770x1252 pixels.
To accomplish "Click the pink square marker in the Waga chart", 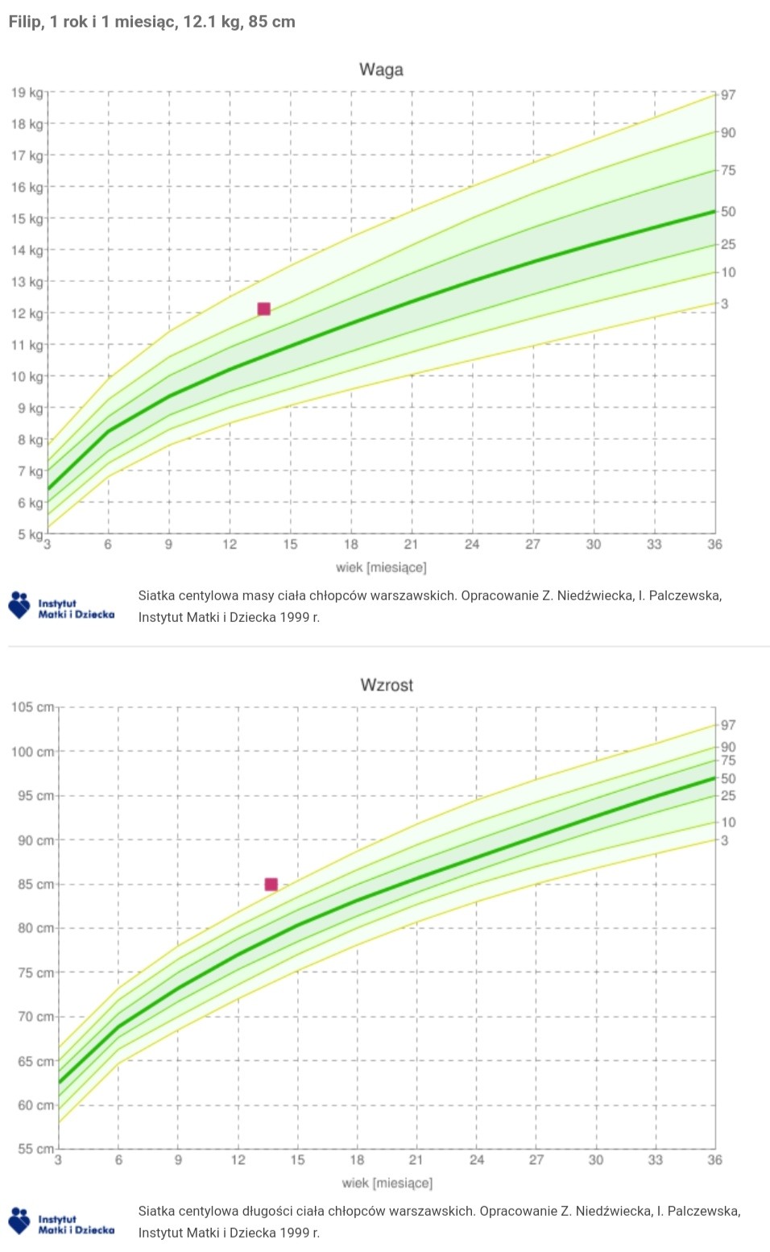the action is [x=263, y=309].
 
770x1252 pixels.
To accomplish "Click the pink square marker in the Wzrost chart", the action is [x=271, y=884].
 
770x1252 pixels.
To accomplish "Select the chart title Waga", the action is [x=381, y=70].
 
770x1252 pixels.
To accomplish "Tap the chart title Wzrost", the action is [x=387, y=685].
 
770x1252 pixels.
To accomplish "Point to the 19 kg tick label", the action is [x=27, y=92].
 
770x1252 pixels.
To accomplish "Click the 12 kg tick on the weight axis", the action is [x=27, y=313].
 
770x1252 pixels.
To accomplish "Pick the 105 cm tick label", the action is [x=33, y=707].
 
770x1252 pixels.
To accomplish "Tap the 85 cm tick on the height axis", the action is [x=36, y=885].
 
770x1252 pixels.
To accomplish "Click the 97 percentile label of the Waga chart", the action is [x=728, y=95].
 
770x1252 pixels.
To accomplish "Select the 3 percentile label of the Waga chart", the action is [x=725, y=304].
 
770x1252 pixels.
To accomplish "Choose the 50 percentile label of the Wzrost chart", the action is [x=728, y=778].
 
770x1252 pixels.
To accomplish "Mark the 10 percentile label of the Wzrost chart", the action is [x=728, y=823].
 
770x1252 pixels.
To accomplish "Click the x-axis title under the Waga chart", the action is [x=381, y=568].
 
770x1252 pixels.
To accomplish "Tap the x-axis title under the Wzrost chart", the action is [x=387, y=1184].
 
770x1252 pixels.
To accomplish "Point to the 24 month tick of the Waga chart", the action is [x=472, y=545].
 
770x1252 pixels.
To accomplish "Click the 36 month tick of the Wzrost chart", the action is [x=714, y=1160].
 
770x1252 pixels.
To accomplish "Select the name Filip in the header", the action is [x=25, y=22].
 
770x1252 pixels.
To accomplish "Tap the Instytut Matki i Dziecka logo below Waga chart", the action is [x=61, y=606].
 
